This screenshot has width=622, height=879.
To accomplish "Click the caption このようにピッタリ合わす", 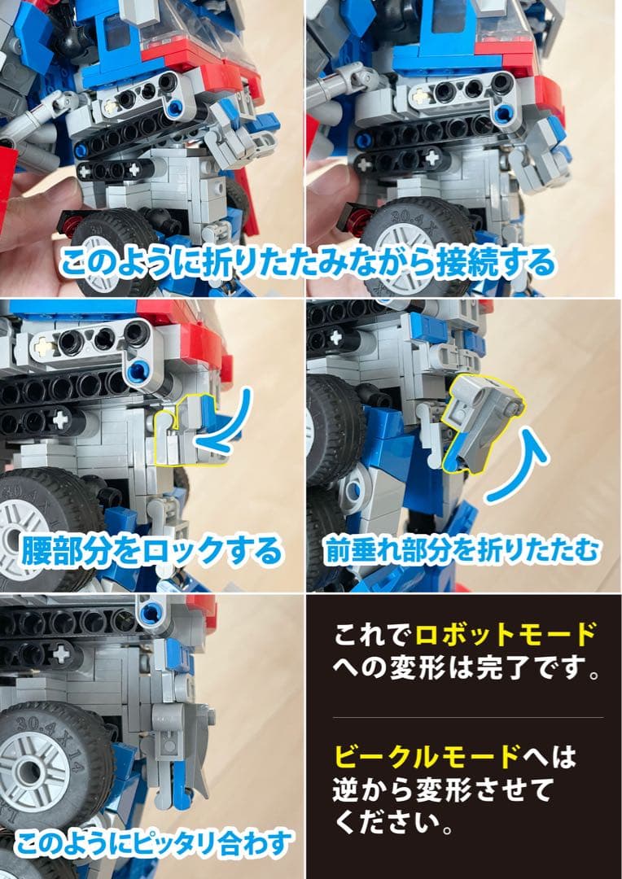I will coord(153,844).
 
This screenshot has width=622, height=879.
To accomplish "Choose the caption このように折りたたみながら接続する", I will coord(308,262).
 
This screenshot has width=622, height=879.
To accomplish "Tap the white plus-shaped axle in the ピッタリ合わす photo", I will coord(59,652).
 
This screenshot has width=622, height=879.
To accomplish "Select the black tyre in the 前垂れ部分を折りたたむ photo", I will coord(326,423).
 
